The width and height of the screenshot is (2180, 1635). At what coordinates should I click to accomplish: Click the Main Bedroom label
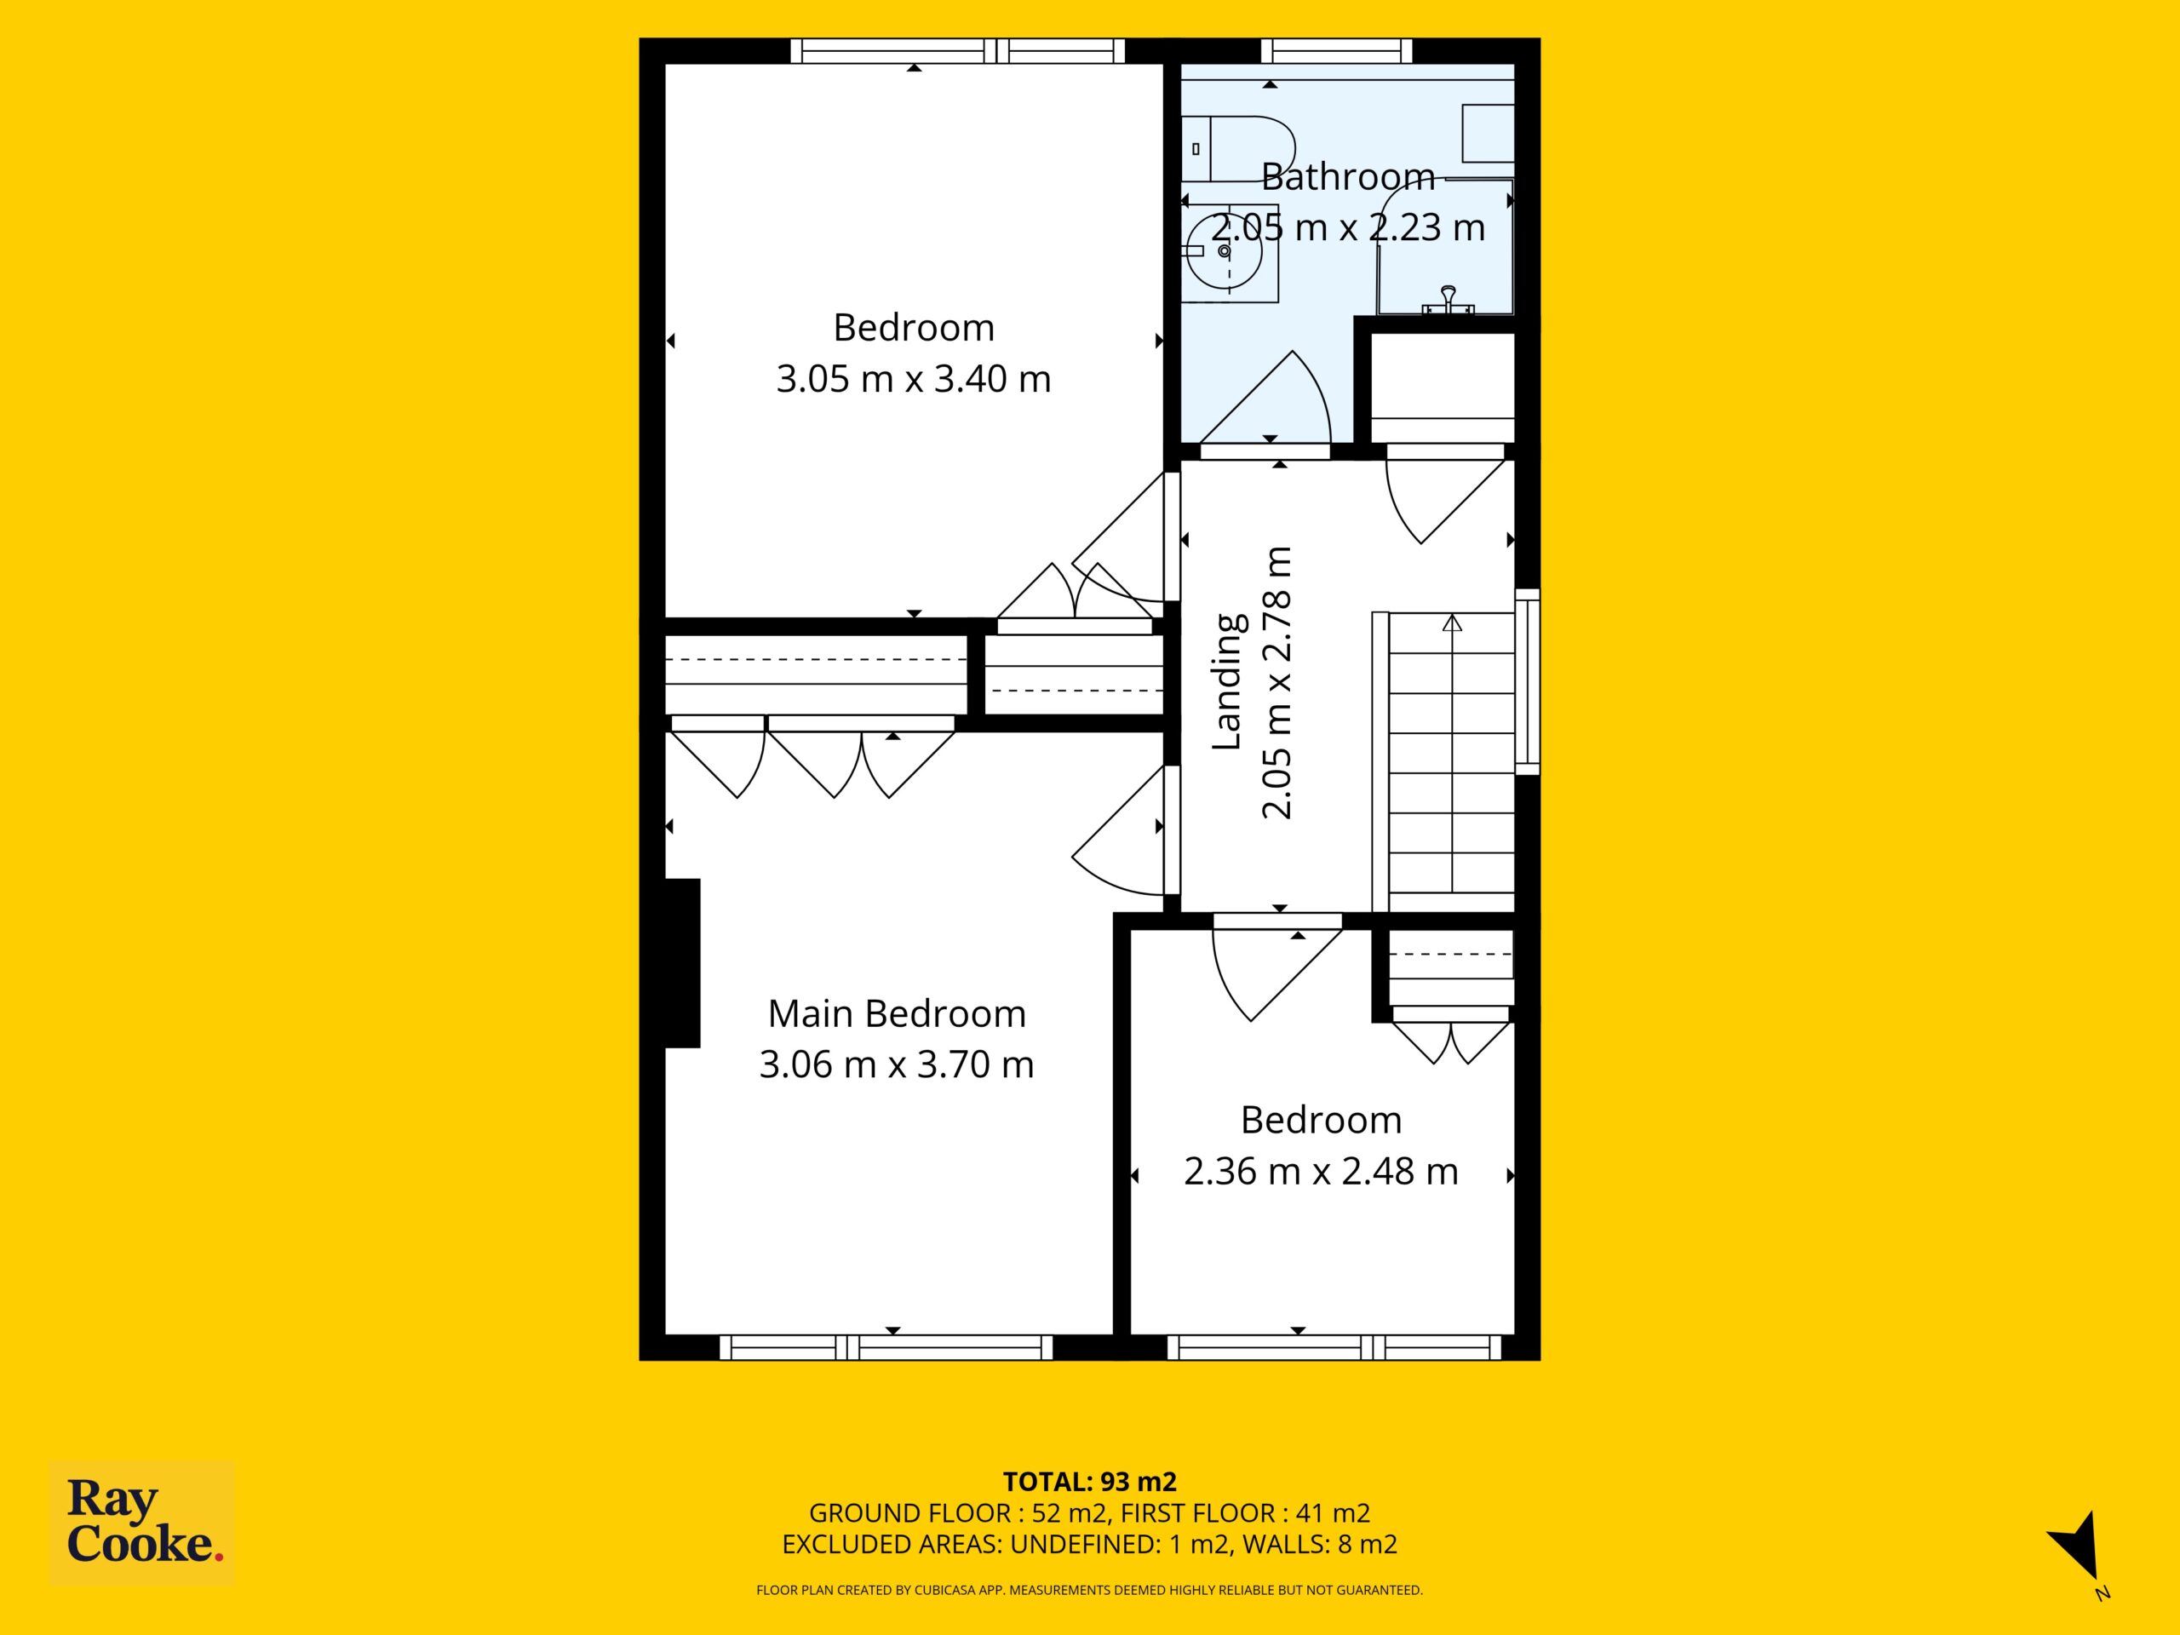[897, 1013]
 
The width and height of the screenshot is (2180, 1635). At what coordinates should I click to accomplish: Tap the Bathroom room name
[1347, 176]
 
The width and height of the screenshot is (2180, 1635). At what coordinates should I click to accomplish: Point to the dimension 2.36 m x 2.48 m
[1321, 1171]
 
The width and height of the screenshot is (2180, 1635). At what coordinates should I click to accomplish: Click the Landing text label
[1228, 682]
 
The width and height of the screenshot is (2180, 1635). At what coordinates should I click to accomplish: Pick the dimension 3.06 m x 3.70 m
[897, 1064]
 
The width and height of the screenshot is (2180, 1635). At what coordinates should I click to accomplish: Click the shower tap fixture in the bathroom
[1448, 300]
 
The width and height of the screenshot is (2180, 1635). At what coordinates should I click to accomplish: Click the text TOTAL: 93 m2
[1089, 1483]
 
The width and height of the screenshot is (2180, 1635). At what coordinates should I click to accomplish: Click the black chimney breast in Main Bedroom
[682, 963]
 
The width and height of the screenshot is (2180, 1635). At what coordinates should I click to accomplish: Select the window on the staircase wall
[1527, 681]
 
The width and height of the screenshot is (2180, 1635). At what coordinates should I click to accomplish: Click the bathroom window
[1337, 51]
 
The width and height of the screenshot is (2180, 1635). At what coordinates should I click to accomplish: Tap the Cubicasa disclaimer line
[1089, 1590]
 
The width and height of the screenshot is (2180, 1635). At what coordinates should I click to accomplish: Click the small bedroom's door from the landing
[1276, 967]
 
